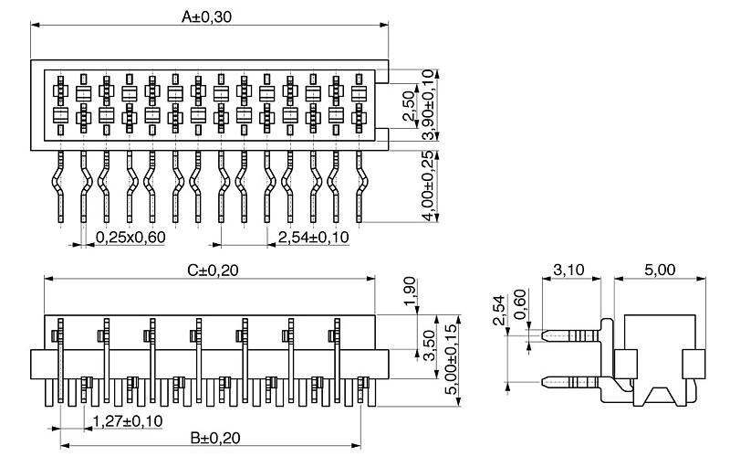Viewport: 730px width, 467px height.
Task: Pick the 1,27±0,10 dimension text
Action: (129, 421)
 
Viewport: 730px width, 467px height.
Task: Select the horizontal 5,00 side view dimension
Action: (659, 271)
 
